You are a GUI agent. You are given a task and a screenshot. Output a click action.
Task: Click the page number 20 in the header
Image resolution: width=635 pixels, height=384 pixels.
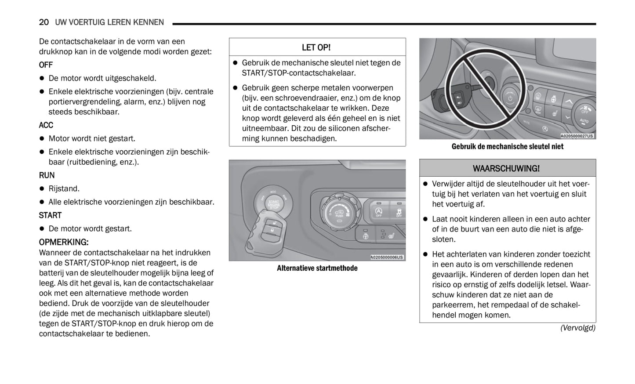[44, 22]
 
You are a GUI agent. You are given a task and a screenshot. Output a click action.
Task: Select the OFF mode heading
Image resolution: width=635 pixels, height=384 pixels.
[46, 65]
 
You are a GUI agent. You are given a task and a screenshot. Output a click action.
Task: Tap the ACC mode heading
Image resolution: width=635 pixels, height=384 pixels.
[46, 125]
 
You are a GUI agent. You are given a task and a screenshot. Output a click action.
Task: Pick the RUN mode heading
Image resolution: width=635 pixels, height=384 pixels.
[47, 175]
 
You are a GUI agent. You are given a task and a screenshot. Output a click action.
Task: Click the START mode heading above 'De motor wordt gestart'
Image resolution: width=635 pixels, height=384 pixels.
[50, 215]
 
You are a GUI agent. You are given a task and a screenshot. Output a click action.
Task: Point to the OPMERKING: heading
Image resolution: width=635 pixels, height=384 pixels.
[64, 242]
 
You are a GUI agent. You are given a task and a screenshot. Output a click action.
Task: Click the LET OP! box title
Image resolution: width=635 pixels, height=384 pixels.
[316, 47]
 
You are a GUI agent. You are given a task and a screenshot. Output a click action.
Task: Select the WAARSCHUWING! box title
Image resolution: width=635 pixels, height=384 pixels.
[506, 168]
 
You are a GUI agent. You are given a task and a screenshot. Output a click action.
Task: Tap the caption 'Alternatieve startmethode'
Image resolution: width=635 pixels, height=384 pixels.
[317, 268]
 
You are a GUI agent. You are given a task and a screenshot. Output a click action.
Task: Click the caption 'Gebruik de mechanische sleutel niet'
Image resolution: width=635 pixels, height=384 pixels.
[507, 146]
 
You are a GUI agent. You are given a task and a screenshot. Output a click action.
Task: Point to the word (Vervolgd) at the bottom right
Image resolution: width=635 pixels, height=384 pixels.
[577, 328]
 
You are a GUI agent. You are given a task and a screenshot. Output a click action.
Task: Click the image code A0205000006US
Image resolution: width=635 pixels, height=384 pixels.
[387, 257]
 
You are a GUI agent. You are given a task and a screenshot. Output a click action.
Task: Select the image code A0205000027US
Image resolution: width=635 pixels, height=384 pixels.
[577, 136]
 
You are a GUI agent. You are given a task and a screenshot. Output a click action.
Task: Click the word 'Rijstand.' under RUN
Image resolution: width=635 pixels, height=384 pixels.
[64, 189]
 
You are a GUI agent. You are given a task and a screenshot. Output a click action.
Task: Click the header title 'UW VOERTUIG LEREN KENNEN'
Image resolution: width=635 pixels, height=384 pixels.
[109, 22]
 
